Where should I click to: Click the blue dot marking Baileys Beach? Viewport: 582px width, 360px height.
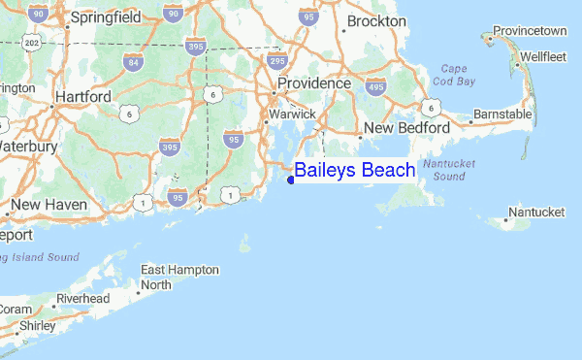coord(291,179)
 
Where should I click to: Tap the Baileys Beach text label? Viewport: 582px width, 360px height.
coord(355,171)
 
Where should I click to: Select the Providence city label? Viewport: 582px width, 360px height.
coord(313,84)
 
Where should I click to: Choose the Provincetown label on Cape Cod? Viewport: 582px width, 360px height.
coord(530,31)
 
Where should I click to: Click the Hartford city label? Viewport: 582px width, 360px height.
coord(84,97)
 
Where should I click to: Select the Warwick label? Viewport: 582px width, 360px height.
coord(291,115)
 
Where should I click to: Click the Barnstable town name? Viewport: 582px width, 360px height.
coord(502,115)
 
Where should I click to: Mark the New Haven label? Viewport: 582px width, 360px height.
coord(49,205)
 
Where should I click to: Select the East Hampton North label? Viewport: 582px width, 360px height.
coord(179,277)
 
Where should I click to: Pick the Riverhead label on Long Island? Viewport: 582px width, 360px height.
coord(83,298)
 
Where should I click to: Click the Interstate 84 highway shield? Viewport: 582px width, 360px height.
coord(133,63)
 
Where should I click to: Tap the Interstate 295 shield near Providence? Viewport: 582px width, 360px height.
coord(276,61)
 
